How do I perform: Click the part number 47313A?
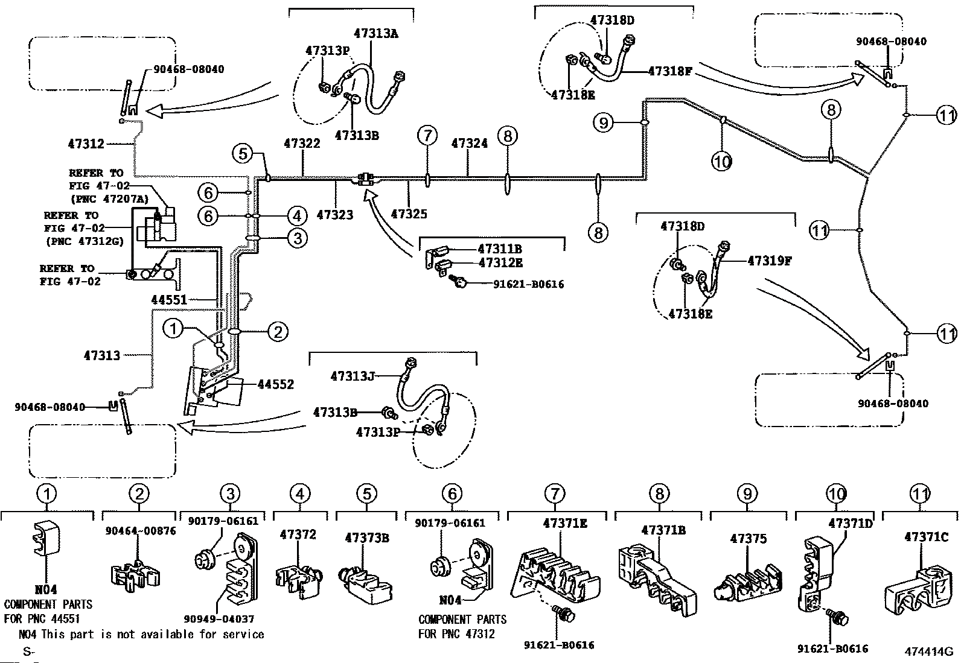(x=375, y=34)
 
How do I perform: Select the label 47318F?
(x=669, y=71)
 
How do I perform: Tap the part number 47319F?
(x=769, y=261)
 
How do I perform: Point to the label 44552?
(x=275, y=384)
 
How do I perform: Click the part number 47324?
(x=469, y=144)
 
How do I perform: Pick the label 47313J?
(x=353, y=376)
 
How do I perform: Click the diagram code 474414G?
(x=928, y=651)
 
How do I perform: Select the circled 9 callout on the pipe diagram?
(x=603, y=123)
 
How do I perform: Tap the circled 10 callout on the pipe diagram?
(x=721, y=161)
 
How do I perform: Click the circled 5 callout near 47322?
(x=243, y=153)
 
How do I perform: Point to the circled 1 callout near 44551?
(x=173, y=329)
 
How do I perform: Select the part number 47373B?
(x=366, y=538)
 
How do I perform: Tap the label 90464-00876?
(x=140, y=531)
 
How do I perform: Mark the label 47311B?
(x=499, y=249)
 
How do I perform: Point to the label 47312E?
(x=500, y=263)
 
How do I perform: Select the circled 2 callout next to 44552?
(x=278, y=331)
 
